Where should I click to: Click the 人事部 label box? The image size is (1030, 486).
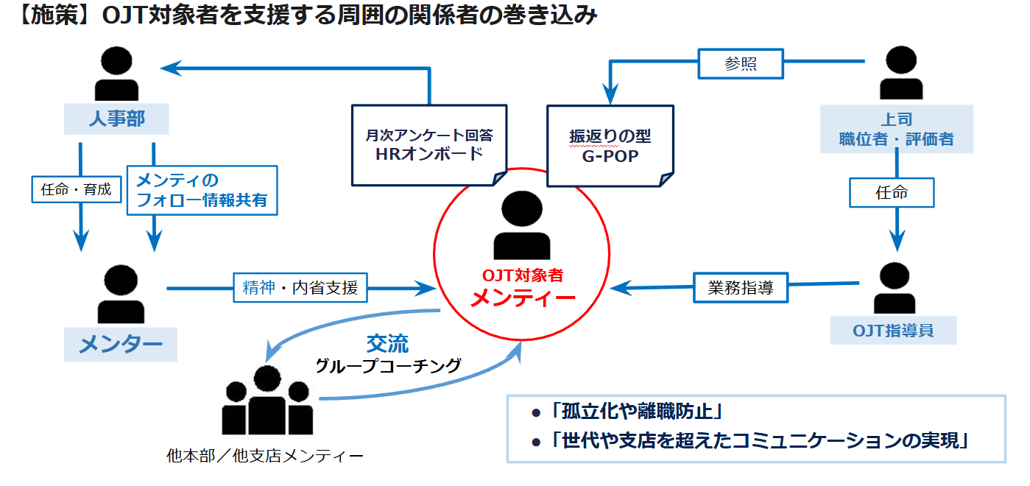tap(117, 119)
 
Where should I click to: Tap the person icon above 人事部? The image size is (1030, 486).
tap(117, 74)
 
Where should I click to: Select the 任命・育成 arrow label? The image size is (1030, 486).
tap(77, 189)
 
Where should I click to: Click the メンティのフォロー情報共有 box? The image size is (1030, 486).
tap(202, 190)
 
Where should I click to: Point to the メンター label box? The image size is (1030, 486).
tap(121, 343)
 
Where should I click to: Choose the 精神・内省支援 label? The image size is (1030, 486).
tap(300, 288)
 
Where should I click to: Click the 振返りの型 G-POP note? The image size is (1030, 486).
tap(610, 144)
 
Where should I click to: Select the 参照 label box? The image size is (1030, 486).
tap(741, 64)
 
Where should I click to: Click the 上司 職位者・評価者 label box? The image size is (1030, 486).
tap(896, 129)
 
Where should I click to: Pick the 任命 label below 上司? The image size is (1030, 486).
tap(892, 193)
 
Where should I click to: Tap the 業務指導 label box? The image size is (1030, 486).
tap(741, 287)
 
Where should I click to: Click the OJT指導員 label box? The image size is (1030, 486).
tap(893, 330)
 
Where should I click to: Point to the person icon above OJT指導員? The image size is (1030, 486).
tap(894, 288)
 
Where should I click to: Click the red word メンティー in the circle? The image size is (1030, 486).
tap(522, 298)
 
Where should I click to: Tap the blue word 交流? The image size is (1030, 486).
tap(387, 343)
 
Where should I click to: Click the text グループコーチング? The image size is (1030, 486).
tap(388, 365)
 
